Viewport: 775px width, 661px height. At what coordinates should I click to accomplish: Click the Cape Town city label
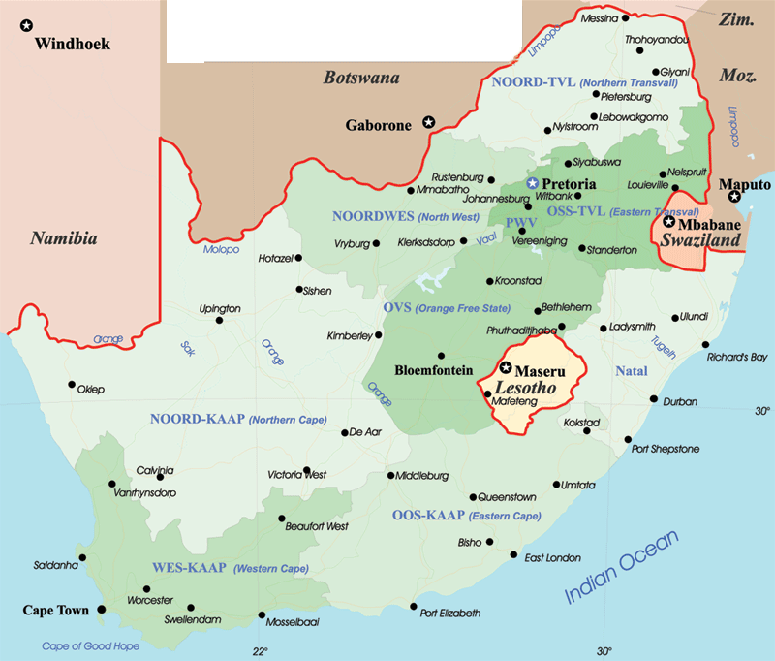(55, 611)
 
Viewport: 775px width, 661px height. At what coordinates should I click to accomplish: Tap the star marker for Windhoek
(27, 25)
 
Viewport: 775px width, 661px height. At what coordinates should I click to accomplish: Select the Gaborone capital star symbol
(429, 123)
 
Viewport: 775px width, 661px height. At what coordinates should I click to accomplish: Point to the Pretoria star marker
(531, 183)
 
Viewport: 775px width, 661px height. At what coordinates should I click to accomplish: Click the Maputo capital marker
(735, 198)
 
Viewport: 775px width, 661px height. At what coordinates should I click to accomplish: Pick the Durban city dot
(654, 400)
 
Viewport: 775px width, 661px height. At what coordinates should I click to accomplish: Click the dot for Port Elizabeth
(413, 607)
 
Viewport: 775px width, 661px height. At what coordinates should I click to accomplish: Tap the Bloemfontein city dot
(441, 355)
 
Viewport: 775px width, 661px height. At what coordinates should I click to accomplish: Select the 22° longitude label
(259, 650)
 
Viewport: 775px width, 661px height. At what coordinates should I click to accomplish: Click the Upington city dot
(220, 321)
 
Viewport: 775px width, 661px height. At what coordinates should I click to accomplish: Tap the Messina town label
(598, 17)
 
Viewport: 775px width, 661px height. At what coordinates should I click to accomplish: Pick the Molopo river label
(221, 250)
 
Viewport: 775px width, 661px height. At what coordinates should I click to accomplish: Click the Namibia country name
(63, 237)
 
